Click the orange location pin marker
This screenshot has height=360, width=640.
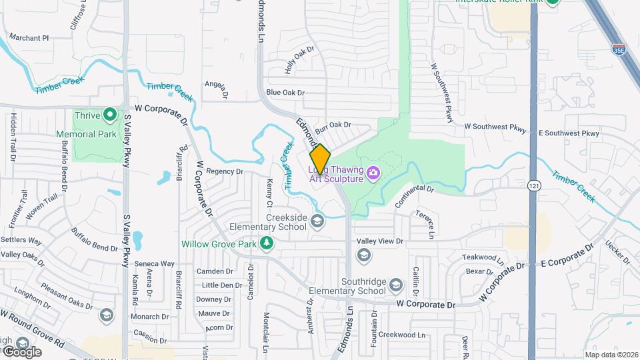pos(321,159)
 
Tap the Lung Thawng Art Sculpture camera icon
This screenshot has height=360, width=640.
pos(373,174)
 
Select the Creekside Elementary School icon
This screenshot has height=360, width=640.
pos(318,222)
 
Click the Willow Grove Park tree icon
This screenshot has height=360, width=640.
pos(267,243)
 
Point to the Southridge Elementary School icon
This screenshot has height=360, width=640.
pos(396,285)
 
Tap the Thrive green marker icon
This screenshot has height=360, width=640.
pos(110,115)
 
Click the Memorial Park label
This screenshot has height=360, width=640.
pos(95,133)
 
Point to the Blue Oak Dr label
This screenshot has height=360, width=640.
pos(285,93)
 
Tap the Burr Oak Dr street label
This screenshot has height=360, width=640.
pos(333,125)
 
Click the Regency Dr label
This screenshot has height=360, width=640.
pos(225,171)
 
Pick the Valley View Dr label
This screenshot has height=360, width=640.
pos(380,241)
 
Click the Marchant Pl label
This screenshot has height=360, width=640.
pos(30,38)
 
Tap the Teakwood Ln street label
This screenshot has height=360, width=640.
pos(483,257)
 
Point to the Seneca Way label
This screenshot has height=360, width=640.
pos(155,264)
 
